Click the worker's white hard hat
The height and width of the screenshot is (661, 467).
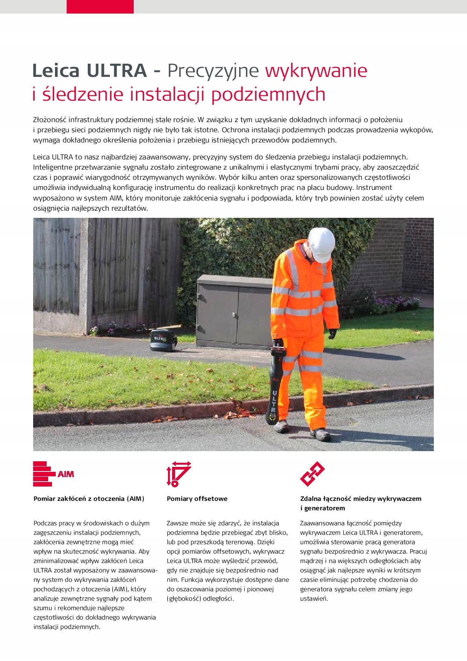(x=321, y=245)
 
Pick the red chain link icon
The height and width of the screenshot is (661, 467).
(x=312, y=474)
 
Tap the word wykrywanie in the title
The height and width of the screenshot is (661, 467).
(x=316, y=70)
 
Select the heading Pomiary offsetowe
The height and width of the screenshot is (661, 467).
(x=197, y=499)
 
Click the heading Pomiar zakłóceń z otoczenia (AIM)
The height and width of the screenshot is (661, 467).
(x=89, y=499)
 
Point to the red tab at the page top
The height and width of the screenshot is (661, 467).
(x=100, y=7)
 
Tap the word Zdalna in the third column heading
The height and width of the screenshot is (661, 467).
(x=310, y=499)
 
